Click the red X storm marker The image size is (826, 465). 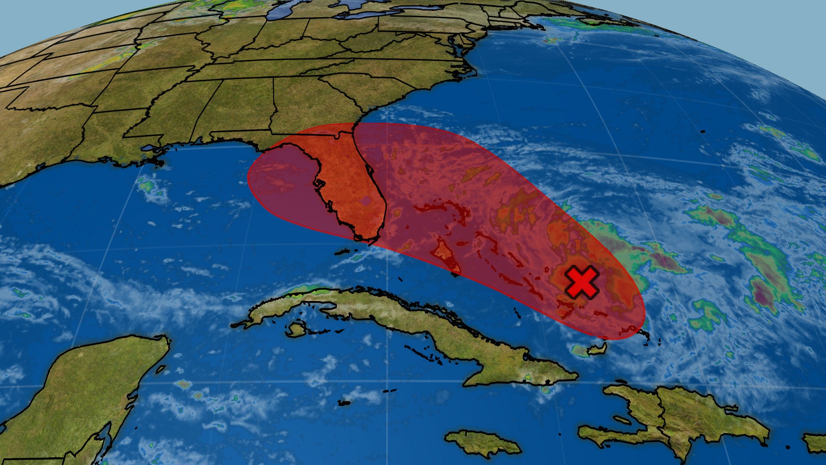pos(581,282)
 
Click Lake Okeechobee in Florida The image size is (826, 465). pos(366,200)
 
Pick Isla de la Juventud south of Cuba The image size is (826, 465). pos(296,329)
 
